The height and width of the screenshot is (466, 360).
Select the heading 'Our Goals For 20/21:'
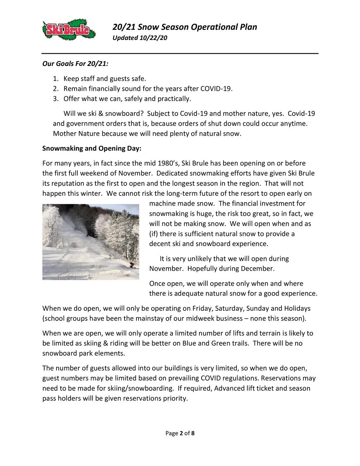tap(75, 64)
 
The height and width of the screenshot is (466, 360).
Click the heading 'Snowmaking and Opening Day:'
tap(92, 148)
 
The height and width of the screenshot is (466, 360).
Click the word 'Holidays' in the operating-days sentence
tap(297, 309)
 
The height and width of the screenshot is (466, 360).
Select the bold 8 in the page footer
tap(193, 433)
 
